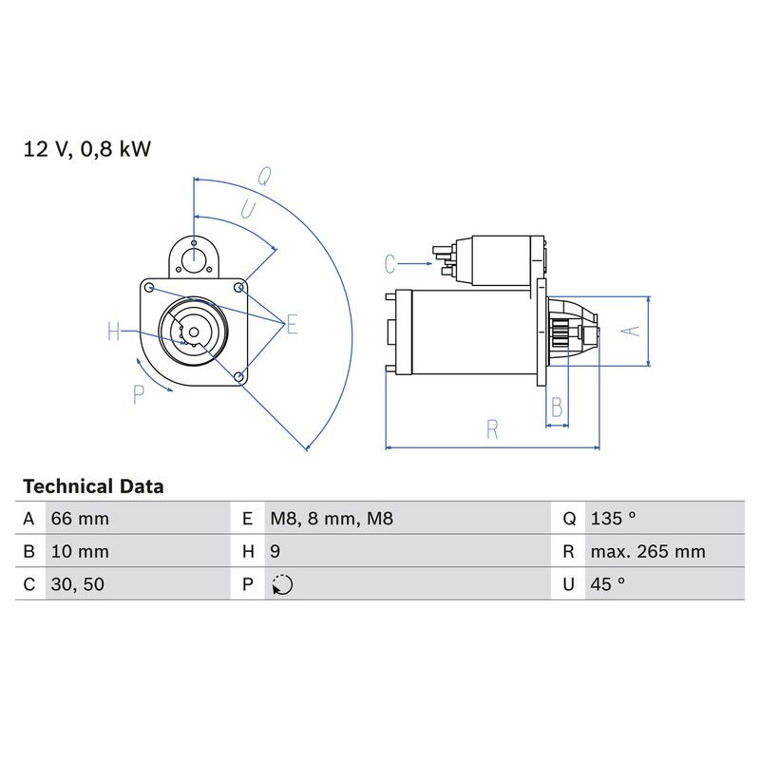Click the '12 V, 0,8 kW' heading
pyautogui.click(x=87, y=148)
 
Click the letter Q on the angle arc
pyautogui.click(x=266, y=177)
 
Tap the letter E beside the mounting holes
pyautogui.click(x=292, y=325)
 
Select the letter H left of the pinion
pyautogui.click(x=115, y=332)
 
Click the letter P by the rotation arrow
pyautogui.click(x=139, y=393)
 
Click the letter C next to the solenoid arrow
pyautogui.click(x=389, y=262)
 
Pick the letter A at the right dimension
pyautogui.click(x=630, y=331)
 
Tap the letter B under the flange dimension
pyautogui.click(x=558, y=408)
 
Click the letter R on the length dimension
pyautogui.click(x=491, y=430)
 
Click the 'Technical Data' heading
pyautogui.click(x=93, y=486)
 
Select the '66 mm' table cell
pyautogui.click(x=80, y=519)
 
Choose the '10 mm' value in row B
pyautogui.click(x=80, y=552)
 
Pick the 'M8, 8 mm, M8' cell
pyautogui.click(x=331, y=519)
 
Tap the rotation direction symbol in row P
pyautogui.click(x=282, y=585)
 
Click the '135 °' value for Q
pyautogui.click(x=612, y=519)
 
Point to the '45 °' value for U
pyautogui.click(x=607, y=585)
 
